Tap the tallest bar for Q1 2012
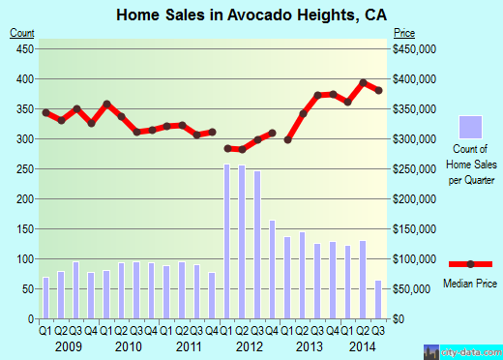point(227,242)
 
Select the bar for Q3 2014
point(377,300)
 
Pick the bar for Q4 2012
point(273,270)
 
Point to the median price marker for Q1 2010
point(106,104)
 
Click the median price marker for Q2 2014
point(363,82)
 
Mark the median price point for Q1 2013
point(287,139)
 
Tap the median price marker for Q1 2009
point(45,112)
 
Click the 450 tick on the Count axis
point(25,48)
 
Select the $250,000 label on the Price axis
point(414,169)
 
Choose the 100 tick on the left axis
point(25,259)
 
